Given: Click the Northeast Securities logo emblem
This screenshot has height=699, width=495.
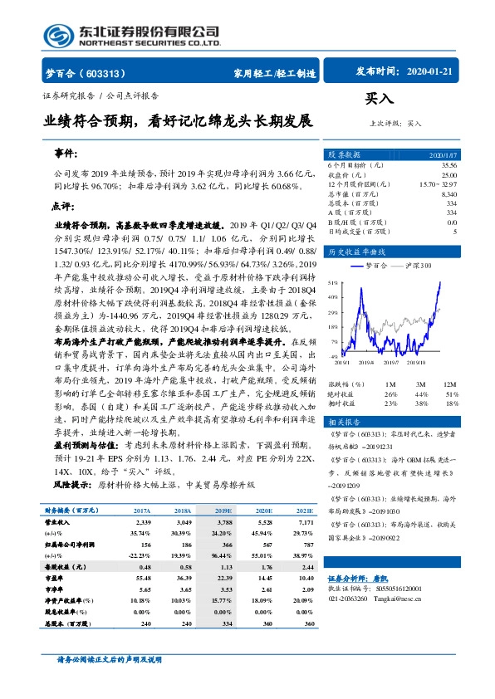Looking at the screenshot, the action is (58, 36).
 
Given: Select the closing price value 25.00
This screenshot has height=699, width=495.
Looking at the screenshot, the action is (448, 174).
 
